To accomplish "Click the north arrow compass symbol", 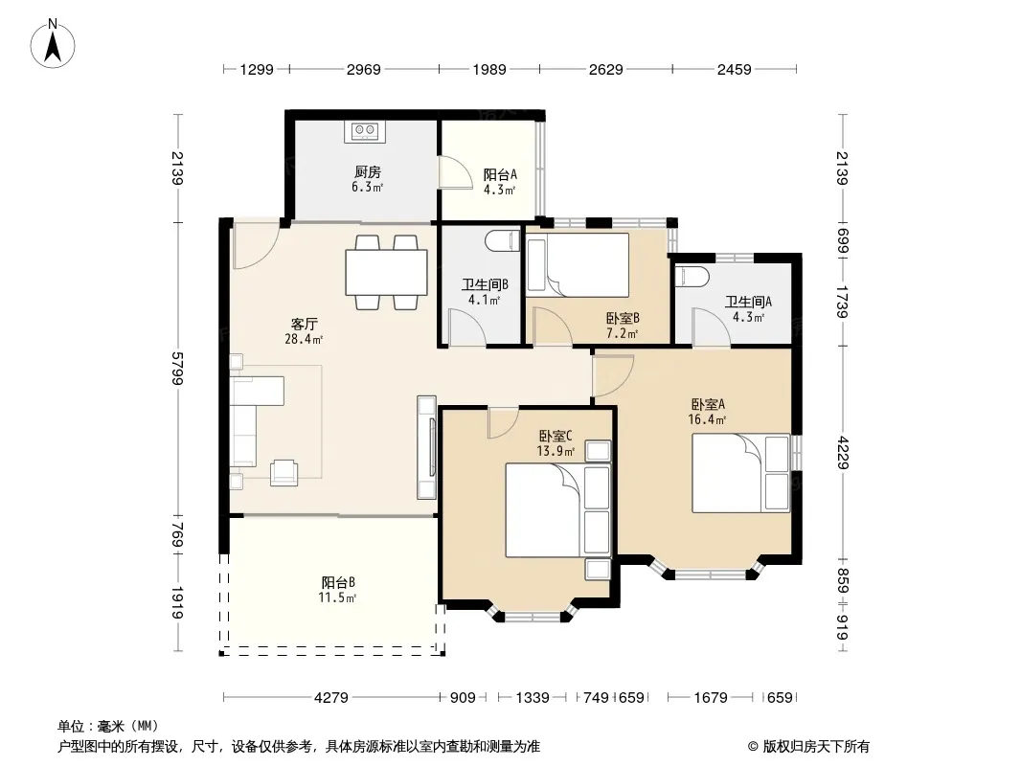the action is pyautogui.click(x=53, y=44).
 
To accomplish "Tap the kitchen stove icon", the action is pyautogui.click(x=365, y=131).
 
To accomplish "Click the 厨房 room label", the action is pyautogui.click(x=367, y=171).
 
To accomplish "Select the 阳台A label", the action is pyautogui.click(x=500, y=174).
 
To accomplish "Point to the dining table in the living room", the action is pyautogui.click(x=387, y=272).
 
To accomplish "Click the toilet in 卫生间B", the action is pyautogui.click(x=503, y=238).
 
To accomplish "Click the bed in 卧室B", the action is pyautogui.click(x=578, y=265).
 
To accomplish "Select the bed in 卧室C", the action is pyautogui.click(x=558, y=509).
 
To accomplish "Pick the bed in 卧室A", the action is pyautogui.click(x=741, y=473).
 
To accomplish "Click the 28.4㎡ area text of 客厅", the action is pyautogui.click(x=304, y=339).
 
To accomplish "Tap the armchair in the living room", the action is pyautogui.click(x=284, y=472).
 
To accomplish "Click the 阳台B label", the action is pyautogui.click(x=338, y=582).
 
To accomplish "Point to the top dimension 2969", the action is pyautogui.click(x=363, y=69).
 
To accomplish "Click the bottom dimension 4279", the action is pyautogui.click(x=331, y=698).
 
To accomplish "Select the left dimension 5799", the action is pyautogui.click(x=177, y=369).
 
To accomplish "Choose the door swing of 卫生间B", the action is pyautogui.click(x=466, y=327).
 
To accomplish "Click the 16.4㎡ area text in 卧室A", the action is pyautogui.click(x=707, y=419).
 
